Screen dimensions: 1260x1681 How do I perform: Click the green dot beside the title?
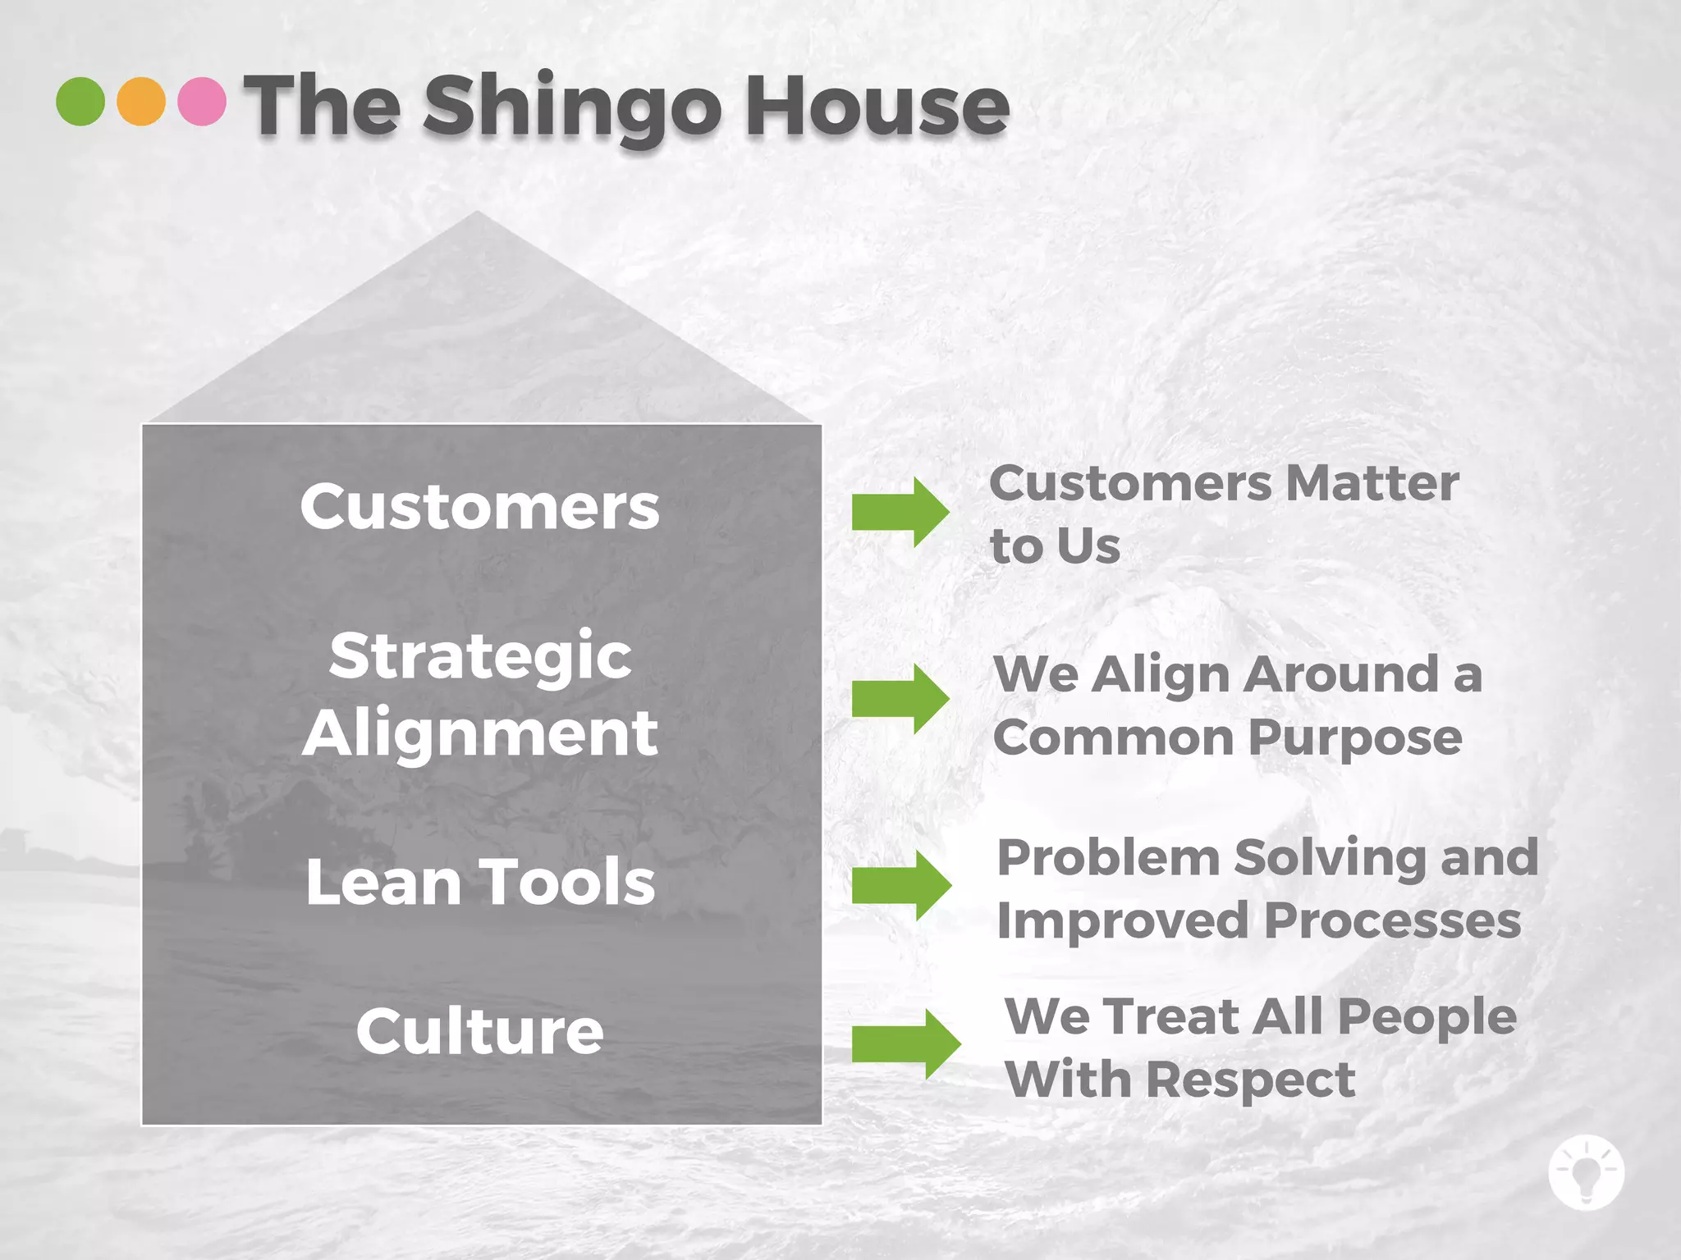point(80,102)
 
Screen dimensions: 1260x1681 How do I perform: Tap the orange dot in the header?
point(141,102)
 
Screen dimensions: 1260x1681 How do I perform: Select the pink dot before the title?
point(202,102)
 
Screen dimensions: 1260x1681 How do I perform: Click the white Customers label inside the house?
point(479,507)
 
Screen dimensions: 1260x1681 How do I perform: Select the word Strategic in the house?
point(480,656)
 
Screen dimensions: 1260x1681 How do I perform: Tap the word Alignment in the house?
point(480,733)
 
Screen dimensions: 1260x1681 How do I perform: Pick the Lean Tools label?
point(480,883)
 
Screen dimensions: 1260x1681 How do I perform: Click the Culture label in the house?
point(480,1031)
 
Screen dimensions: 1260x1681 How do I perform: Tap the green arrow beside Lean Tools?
point(901,885)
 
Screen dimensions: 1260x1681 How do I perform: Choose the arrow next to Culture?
point(905,1043)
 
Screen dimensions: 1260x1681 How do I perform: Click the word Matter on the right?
point(1372,483)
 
